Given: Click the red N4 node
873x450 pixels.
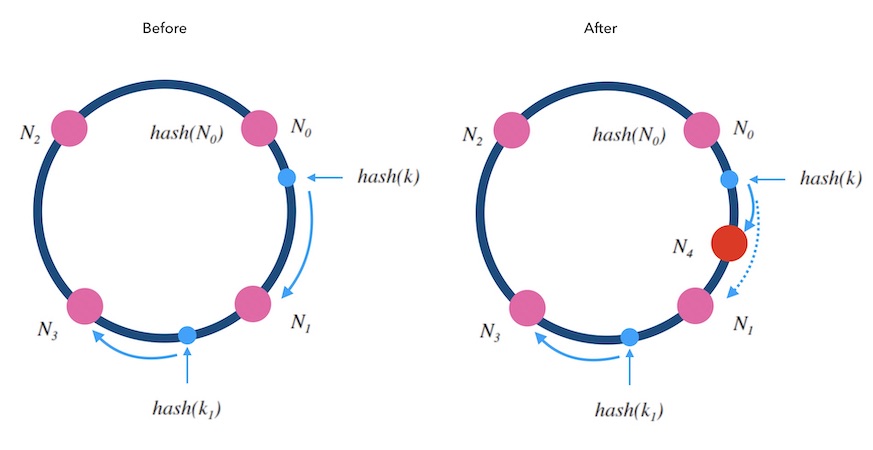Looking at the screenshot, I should [x=728, y=244].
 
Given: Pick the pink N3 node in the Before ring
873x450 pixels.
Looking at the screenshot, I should [x=85, y=306].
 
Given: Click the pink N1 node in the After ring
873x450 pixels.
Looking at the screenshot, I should [x=696, y=304].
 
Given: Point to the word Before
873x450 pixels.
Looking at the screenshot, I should [x=164, y=29].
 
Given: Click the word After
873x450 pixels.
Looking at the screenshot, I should [x=600, y=29].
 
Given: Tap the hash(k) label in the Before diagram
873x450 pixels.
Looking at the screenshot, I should [x=389, y=177].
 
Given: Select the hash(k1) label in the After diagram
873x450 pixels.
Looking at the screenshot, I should [x=630, y=410].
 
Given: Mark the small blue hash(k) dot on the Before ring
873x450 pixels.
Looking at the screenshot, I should [x=287, y=178].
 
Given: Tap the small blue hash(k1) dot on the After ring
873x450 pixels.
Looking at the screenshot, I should [x=630, y=337].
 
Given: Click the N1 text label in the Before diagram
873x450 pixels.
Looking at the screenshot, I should [x=302, y=323].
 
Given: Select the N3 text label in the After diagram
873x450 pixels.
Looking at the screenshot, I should [x=490, y=330].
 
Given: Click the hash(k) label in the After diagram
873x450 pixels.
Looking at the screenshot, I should [x=833, y=178].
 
